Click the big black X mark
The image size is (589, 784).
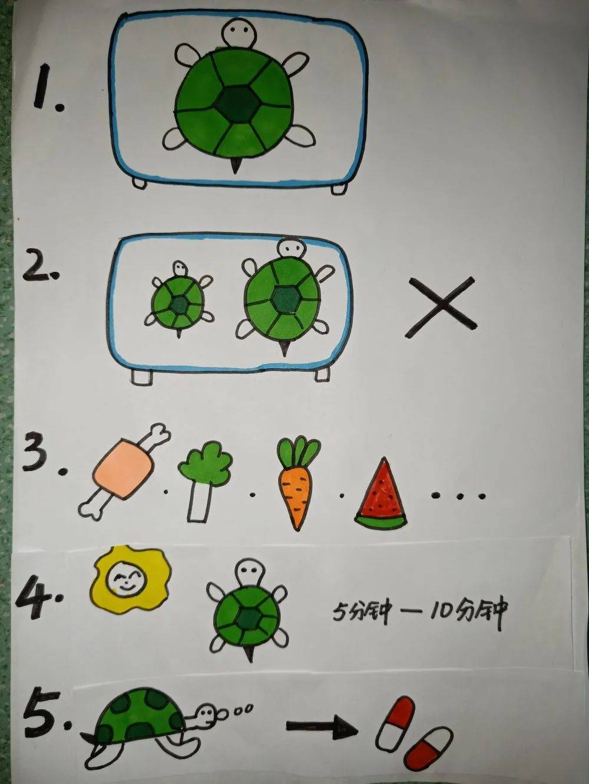coord(442,307)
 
